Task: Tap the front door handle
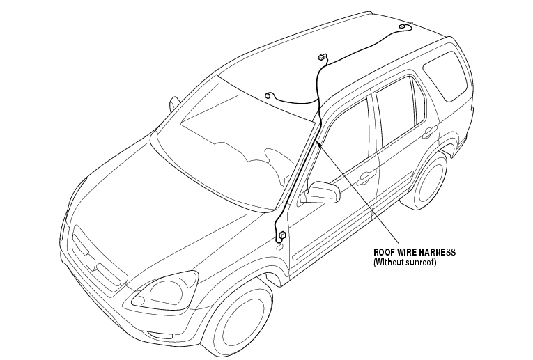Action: [362, 179]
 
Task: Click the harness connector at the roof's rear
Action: [402, 27]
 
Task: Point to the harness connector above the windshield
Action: [268, 95]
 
